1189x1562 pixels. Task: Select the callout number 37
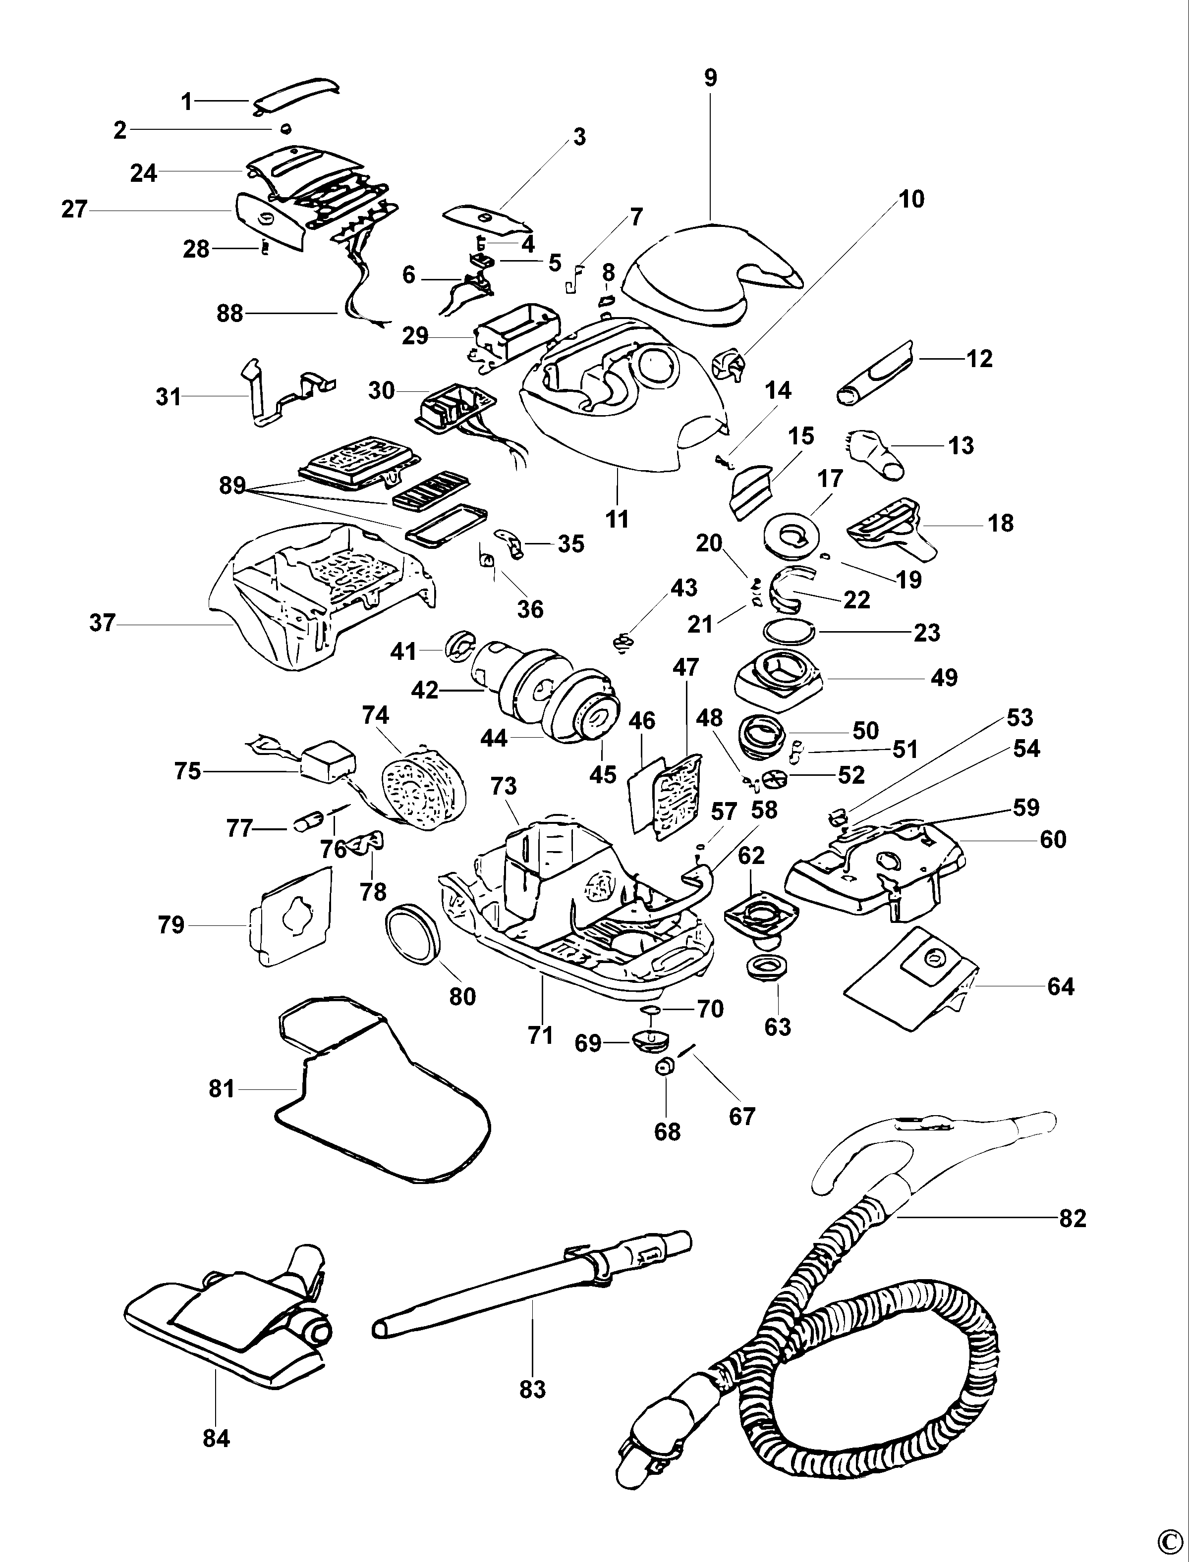(103, 623)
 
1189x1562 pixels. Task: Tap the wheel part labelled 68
(665, 1067)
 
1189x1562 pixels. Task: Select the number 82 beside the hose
(1072, 1218)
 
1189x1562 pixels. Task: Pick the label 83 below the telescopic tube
(532, 1389)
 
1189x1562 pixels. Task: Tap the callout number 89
(232, 486)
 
